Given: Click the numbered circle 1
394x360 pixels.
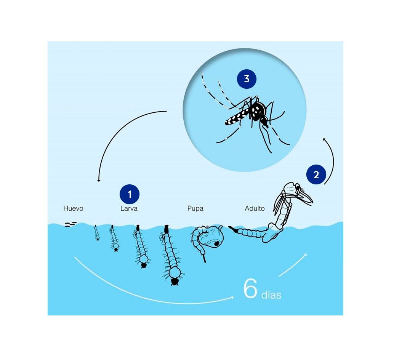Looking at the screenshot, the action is pyautogui.click(x=130, y=194).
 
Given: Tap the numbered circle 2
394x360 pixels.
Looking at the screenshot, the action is pyautogui.click(x=316, y=174).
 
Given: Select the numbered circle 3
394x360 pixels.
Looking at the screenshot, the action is pyautogui.click(x=247, y=79).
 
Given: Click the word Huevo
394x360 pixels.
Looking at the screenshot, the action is pyautogui.click(x=73, y=208).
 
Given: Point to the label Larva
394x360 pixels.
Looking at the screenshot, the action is pyautogui.click(x=129, y=208).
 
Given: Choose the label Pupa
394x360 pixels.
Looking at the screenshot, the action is pyautogui.click(x=195, y=208).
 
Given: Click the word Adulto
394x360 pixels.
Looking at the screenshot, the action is pyautogui.click(x=255, y=208).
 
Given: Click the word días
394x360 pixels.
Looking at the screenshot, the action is pyautogui.click(x=271, y=295).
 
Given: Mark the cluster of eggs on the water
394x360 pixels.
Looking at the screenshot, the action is pyautogui.click(x=70, y=224).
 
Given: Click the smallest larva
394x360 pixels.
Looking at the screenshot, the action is pyautogui.click(x=96, y=233).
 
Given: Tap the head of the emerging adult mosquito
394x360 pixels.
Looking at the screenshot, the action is pyautogui.click(x=298, y=188).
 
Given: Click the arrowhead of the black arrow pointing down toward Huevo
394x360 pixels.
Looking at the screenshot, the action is pyautogui.click(x=99, y=180).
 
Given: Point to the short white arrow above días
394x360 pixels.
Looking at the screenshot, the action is pyautogui.click(x=293, y=265).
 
